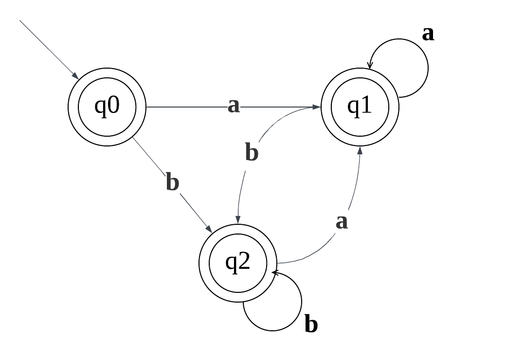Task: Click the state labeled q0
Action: coord(107,107)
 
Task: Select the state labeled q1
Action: coord(360,107)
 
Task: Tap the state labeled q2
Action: coord(237,263)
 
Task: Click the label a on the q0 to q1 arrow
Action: coord(234,106)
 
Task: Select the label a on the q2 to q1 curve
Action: coord(342,222)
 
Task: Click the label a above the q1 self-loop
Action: coord(428,34)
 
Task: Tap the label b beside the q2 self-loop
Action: coord(311,324)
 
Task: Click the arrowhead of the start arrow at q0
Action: coord(76,76)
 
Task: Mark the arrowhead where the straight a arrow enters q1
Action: coord(317,107)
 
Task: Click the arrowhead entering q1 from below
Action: coord(360,150)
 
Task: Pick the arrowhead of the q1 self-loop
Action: coord(370,65)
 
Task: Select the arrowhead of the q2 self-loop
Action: coord(275,273)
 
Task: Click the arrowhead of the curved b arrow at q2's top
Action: coord(237,220)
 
